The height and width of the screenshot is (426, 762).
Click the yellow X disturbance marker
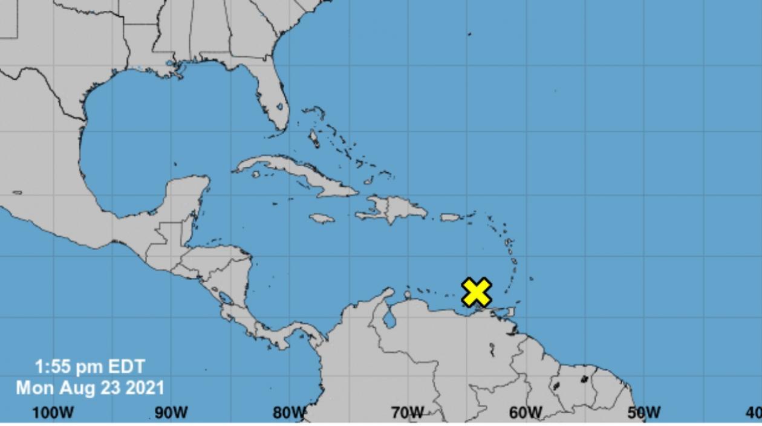pos(477,292)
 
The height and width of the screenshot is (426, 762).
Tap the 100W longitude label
pos(53,413)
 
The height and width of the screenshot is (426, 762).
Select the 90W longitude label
pos(171,413)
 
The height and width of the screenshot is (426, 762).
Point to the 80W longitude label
pos(288,413)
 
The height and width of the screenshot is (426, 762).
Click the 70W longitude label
pos(407,413)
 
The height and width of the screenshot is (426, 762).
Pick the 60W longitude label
pos(525,413)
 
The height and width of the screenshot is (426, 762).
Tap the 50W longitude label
pos(643,413)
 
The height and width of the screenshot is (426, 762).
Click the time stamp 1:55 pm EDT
pos(90,367)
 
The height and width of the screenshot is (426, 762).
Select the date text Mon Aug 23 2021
pos(90,387)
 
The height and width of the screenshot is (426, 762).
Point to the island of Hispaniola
pos(396,208)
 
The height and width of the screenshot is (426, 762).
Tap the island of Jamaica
pos(322,218)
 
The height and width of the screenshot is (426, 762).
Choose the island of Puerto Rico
pos(451,217)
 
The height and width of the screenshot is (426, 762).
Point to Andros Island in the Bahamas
pos(314,139)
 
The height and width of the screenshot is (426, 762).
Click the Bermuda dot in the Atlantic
pos(469,34)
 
